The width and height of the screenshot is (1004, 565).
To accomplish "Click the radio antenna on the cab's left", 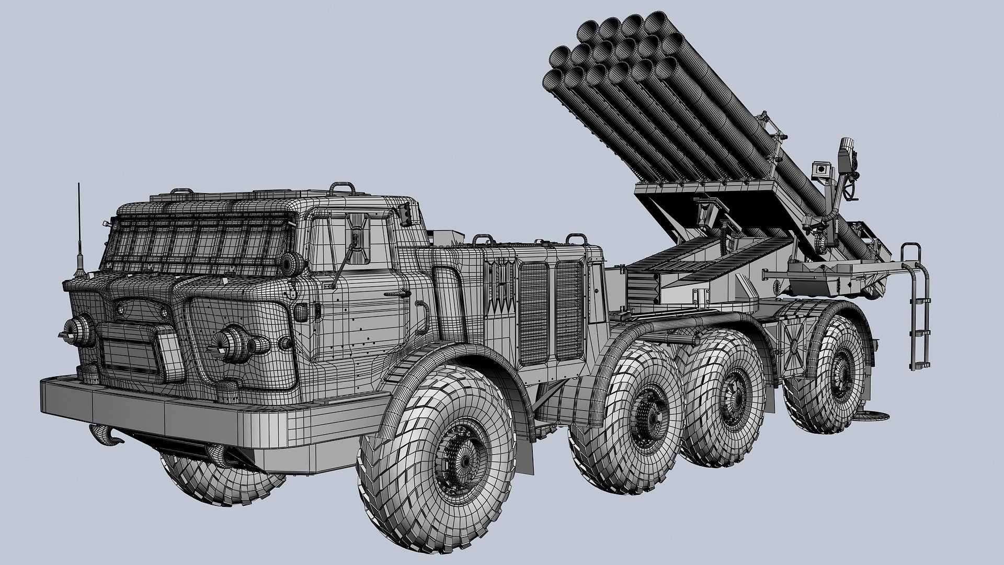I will click(x=79, y=235).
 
